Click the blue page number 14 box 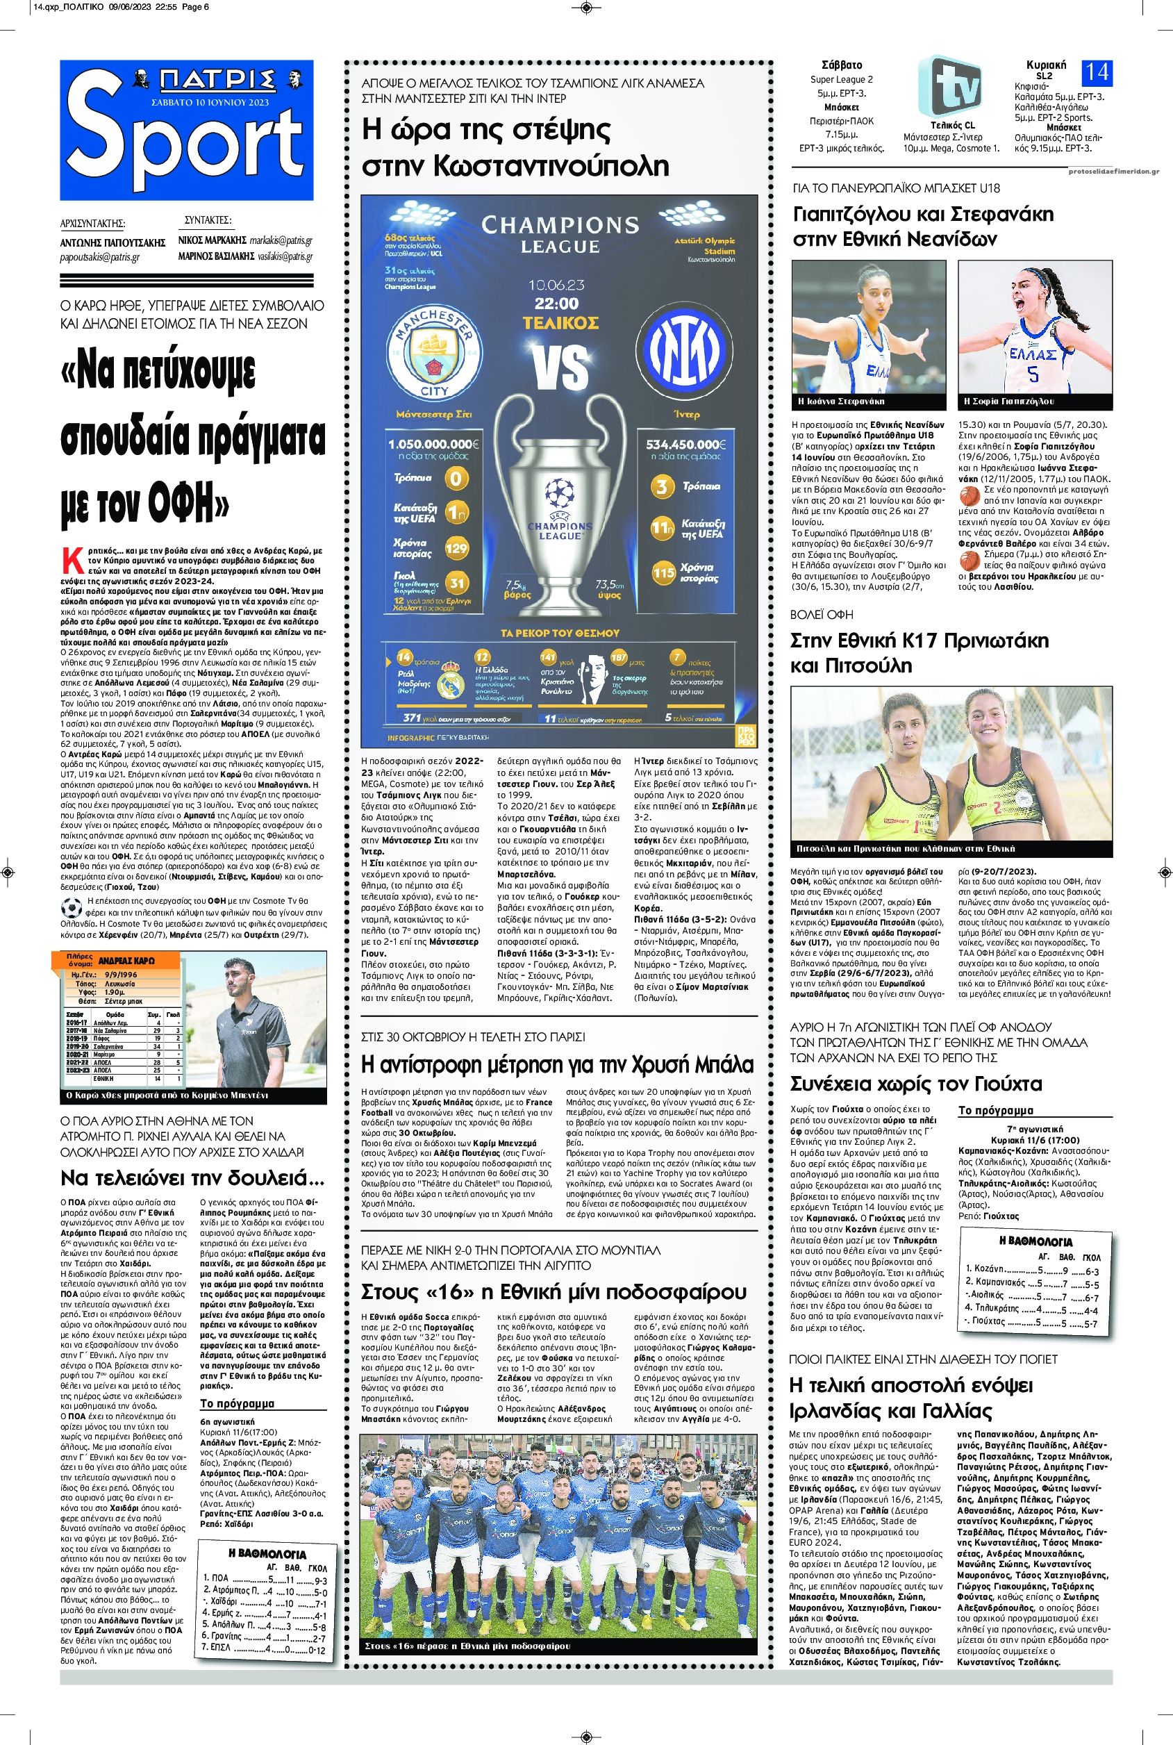pyautogui.click(x=1096, y=72)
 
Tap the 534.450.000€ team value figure pyautogui.click(x=688, y=444)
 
